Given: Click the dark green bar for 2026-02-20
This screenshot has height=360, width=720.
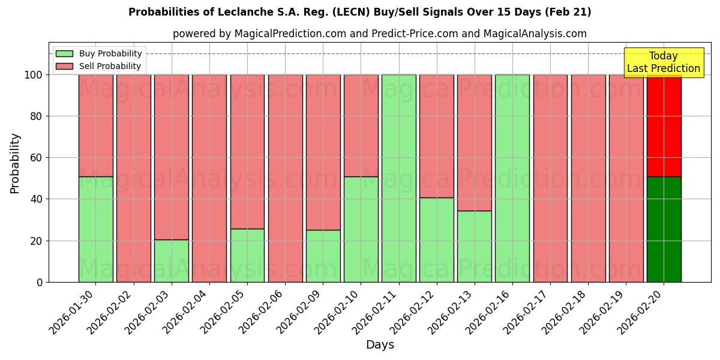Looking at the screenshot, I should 664,229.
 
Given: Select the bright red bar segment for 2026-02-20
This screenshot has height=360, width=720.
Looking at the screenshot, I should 664,125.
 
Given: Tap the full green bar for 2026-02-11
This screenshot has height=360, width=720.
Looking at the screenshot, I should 399,178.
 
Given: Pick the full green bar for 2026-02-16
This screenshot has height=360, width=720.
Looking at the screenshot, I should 512,178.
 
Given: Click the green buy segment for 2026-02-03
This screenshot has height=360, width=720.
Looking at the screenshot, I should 172,261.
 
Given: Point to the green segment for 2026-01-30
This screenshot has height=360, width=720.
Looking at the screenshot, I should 96,229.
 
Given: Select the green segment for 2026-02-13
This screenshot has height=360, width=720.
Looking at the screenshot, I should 475,247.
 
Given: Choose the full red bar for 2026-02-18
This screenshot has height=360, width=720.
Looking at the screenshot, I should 588,178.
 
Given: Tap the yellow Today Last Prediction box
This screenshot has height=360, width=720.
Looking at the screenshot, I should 663,62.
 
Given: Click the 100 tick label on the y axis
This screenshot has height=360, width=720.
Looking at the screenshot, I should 34,75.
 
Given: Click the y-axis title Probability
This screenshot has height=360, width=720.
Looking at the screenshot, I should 15,163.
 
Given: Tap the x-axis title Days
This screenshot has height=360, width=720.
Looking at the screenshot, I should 380,345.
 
